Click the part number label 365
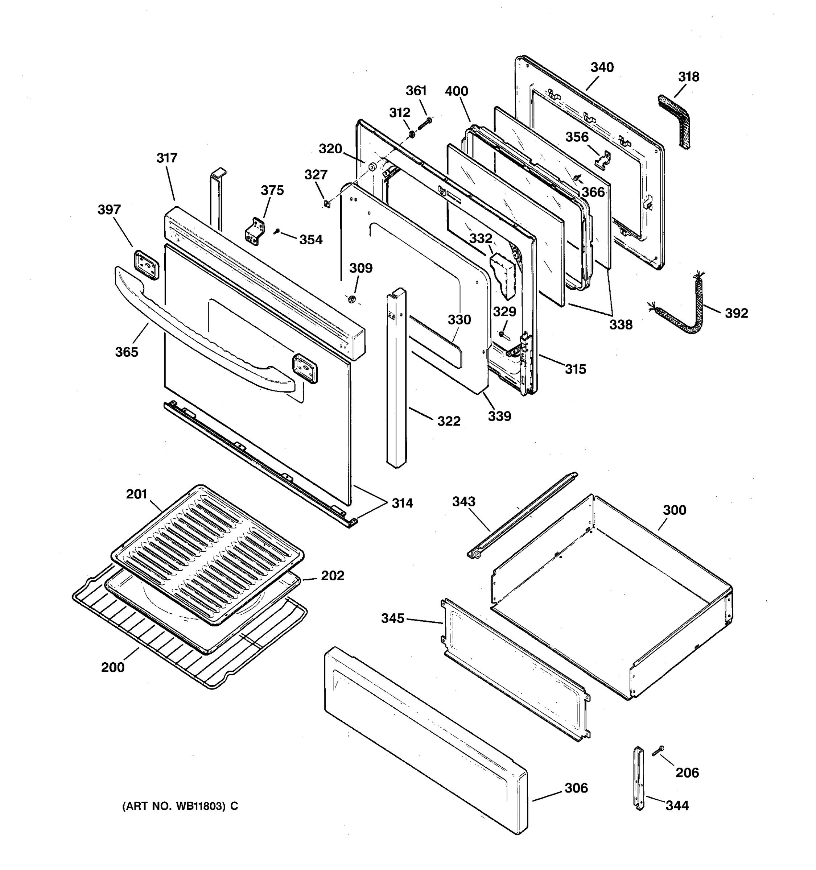[x=127, y=352]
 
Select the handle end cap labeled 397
[x=146, y=265]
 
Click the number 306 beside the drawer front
[x=576, y=788]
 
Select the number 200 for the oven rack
[x=112, y=667]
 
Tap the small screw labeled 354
[x=277, y=231]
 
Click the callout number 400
[x=456, y=91]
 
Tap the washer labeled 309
[x=351, y=299]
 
